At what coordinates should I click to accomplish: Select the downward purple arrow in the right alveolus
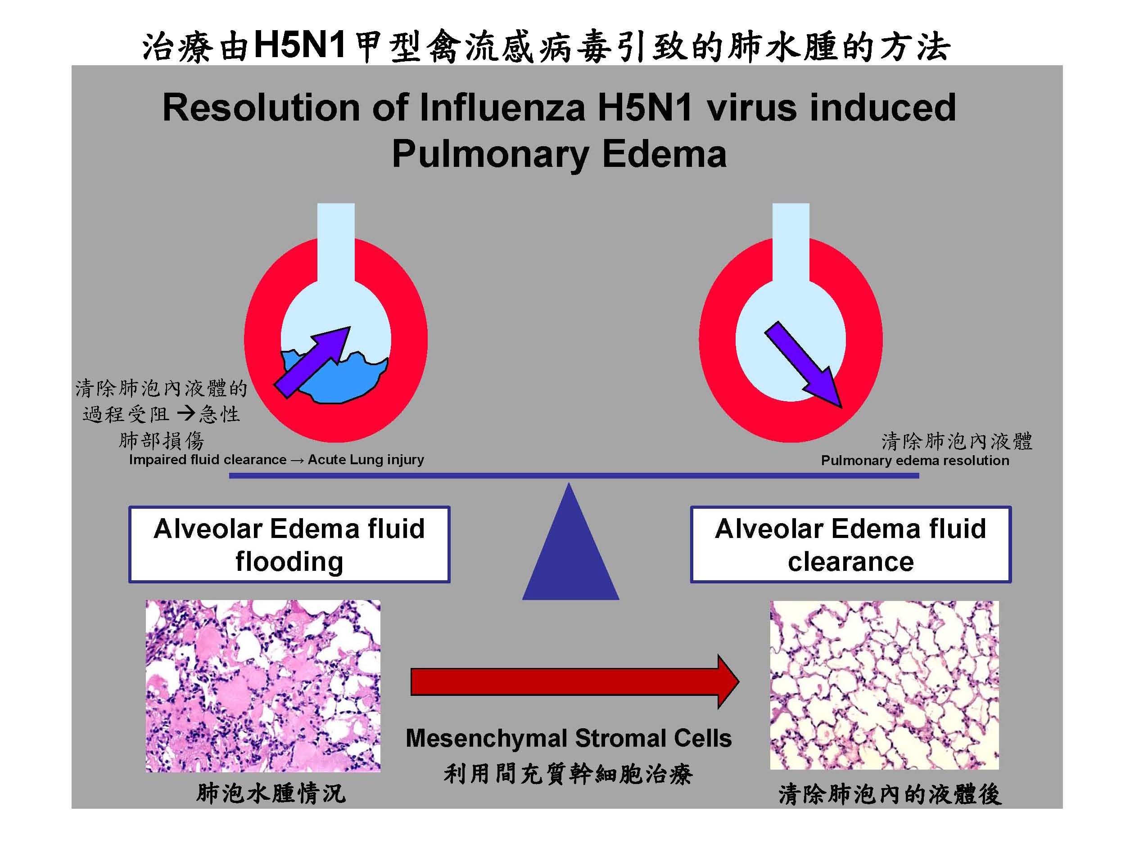803,363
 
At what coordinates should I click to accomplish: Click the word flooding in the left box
289,562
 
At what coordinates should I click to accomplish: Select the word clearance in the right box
850,562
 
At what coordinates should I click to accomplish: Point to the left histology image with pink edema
262,686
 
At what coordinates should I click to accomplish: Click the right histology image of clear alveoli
884,685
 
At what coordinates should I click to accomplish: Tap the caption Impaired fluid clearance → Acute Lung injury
276,460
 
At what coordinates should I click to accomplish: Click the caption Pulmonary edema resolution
915,461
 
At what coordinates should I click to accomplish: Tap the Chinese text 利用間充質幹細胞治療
568,774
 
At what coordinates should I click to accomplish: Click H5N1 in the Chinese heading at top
300,45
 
